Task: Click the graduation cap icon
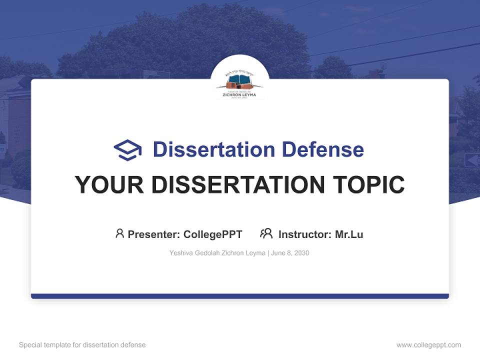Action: pos(127,150)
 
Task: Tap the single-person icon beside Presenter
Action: pos(119,233)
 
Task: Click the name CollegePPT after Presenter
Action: pos(212,234)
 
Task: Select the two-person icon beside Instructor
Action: pos(266,233)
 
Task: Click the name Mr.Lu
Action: pos(349,234)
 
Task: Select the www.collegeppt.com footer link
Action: pos(428,345)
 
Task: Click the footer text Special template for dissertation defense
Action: pos(82,345)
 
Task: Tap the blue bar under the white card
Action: pos(240,296)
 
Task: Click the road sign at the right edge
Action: pos(472,160)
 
